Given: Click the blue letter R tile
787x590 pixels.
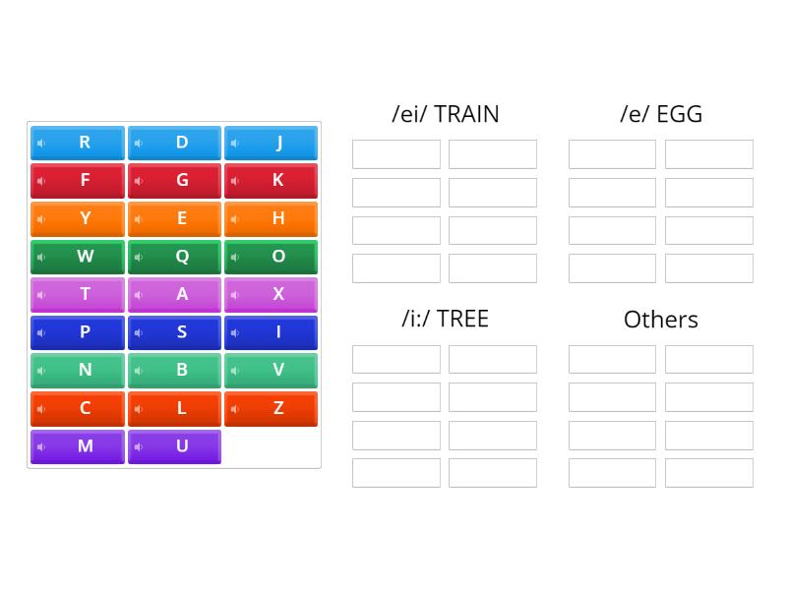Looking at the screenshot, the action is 78,143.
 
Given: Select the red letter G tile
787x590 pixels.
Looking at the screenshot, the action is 174,181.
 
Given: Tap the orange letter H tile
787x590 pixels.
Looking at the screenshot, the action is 271,218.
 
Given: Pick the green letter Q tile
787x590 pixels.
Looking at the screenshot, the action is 174,257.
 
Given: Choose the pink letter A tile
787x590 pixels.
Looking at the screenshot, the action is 174,294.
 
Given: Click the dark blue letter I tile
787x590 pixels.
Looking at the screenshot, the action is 271,332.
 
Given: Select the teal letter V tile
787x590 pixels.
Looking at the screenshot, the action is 271,370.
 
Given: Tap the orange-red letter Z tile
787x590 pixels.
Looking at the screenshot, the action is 271,408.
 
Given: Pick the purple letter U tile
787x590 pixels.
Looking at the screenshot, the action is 174,446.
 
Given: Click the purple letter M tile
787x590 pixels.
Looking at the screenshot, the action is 78,446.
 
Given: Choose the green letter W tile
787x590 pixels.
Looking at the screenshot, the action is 78,257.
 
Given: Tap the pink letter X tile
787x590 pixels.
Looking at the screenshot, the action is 271,294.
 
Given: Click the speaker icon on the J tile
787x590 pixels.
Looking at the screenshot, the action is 235,144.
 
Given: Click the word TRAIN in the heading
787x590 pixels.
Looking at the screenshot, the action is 466,114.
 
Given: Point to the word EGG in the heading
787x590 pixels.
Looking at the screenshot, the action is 679,114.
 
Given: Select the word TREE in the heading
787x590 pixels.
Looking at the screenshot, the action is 462,319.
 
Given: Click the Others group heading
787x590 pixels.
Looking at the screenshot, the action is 660,320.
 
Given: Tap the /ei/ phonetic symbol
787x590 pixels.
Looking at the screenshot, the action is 409,114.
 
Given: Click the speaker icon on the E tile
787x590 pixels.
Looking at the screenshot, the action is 139,219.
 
